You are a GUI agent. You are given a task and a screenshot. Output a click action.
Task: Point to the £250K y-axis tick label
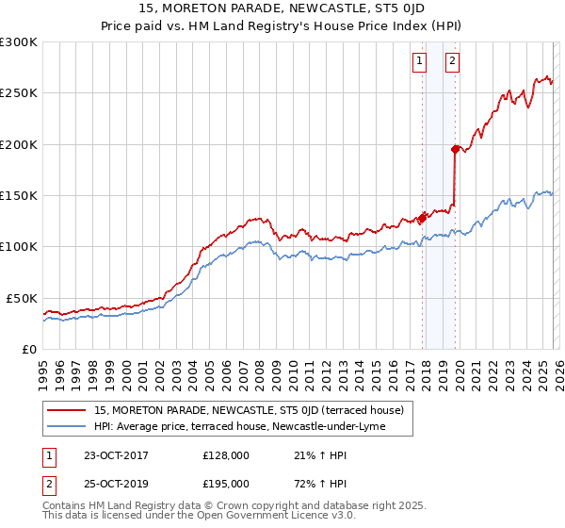[x=19, y=93]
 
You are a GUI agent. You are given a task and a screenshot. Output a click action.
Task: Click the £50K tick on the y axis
[x=23, y=298]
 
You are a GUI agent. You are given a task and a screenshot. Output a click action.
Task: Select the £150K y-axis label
[x=19, y=196]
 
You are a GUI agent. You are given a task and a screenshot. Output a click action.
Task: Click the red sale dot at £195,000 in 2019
[x=455, y=149]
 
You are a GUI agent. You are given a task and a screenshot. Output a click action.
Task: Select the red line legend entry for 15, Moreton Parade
[x=249, y=410]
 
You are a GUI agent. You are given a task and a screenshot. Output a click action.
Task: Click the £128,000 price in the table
[x=225, y=455]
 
